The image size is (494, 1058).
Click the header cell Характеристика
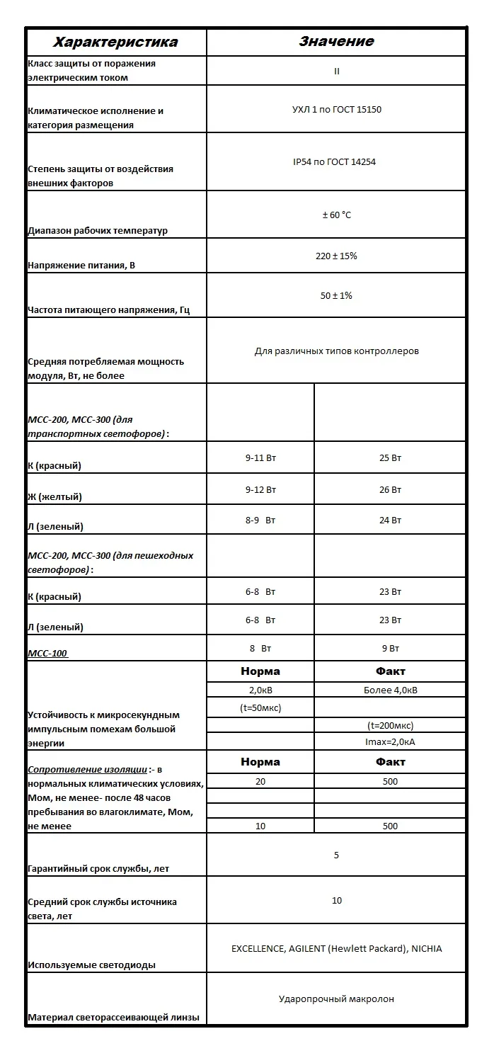tap(116, 42)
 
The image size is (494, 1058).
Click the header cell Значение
tap(336, 42)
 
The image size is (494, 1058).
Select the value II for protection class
tap(336, 71)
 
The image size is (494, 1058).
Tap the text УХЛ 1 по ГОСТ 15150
tap(336, 110)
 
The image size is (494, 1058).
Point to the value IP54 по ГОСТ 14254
tap(336, 162)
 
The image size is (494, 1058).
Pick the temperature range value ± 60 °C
tap(336, 215)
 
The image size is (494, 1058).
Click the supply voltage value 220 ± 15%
tap(336, 256)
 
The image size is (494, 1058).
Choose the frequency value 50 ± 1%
tap(336, 295)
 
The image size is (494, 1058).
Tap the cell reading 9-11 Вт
tap(260, 457)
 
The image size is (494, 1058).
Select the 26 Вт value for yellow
tap(390, 489)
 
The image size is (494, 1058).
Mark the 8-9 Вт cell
tap(260, 520)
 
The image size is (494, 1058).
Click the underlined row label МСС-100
tap(48, 653)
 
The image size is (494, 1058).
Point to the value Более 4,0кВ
tap(390, 690)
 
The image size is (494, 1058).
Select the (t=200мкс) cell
tap(390, 725)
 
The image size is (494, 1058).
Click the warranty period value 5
tap(336, 855)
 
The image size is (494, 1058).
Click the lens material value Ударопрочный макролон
tap(336, 999)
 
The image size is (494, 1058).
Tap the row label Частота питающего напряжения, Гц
tap(108, 309)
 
